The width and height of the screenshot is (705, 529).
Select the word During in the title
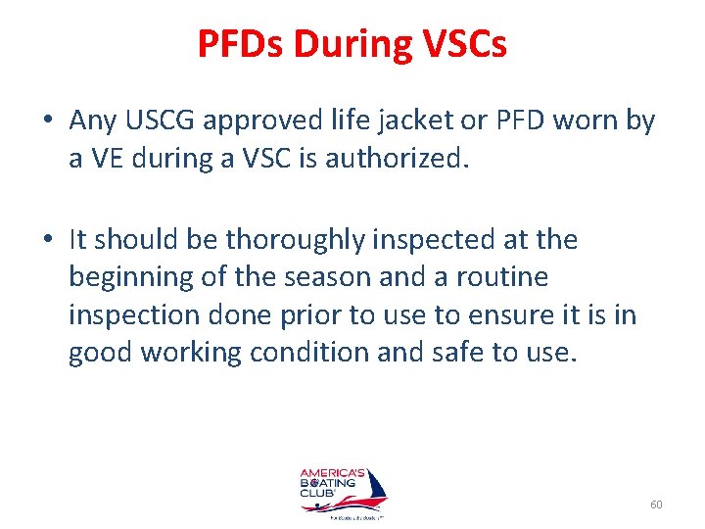(350, 44)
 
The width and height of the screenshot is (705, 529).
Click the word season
(327, 277)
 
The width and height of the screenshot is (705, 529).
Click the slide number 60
(656, 505)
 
